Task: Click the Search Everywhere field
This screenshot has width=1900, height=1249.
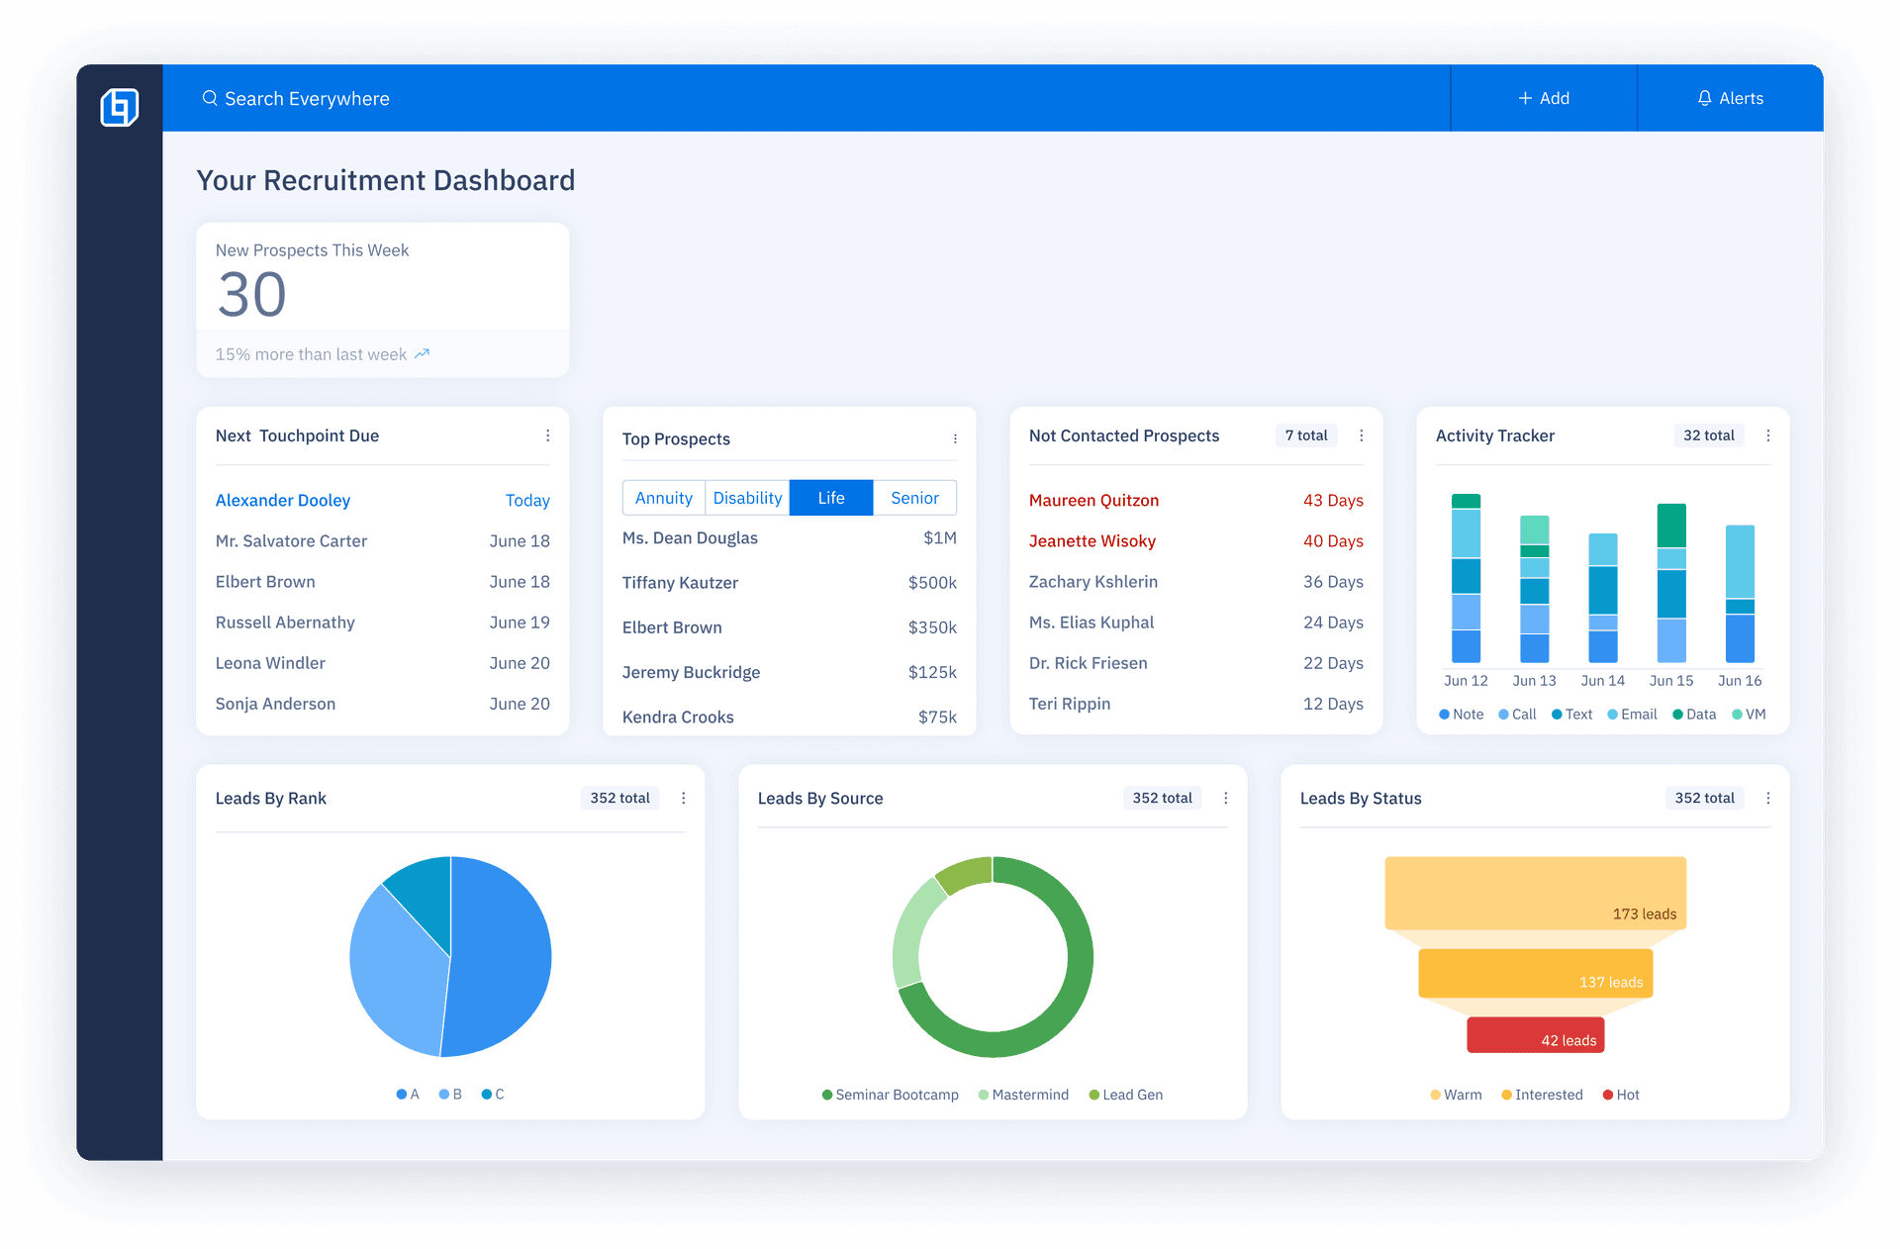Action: click(x=307, y=99)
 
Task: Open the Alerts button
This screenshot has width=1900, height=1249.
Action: click(x=1730, y=99)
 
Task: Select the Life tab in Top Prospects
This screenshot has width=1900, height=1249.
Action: click(x=831, y=498)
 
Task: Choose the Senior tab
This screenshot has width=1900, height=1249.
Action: click(x=914, y=498)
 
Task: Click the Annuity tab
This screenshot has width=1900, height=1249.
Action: click(x=663, y=498)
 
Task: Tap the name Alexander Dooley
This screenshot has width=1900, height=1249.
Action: click(x=283, y=501)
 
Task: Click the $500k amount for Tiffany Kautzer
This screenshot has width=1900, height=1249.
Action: click(x=932, y=583)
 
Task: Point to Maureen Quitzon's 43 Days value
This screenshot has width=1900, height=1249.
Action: click(x=1333, y=501)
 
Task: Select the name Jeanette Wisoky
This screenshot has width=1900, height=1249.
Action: click(x=1092, y=541)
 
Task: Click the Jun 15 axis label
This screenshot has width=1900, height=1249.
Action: click(x=1671, y=681)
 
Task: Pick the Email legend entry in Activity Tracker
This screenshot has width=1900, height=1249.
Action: click(x=1633, y=715)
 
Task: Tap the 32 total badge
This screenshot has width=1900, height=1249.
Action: click(x=1709, y=435)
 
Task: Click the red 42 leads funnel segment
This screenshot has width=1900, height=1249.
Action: click(x=1535, y=1035)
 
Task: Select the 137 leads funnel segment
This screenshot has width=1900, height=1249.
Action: click(x=1535, y=974)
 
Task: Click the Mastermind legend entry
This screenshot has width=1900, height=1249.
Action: click(x=1024, y=1095)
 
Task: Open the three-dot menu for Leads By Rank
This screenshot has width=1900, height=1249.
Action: click(x=684, y=799)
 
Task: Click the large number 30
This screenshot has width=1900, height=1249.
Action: click(x=252, y=295)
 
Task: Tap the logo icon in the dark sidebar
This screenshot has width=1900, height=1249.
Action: click(x=120, y=107)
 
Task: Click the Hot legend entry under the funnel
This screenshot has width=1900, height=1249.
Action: click(x=1622, y=1095)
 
